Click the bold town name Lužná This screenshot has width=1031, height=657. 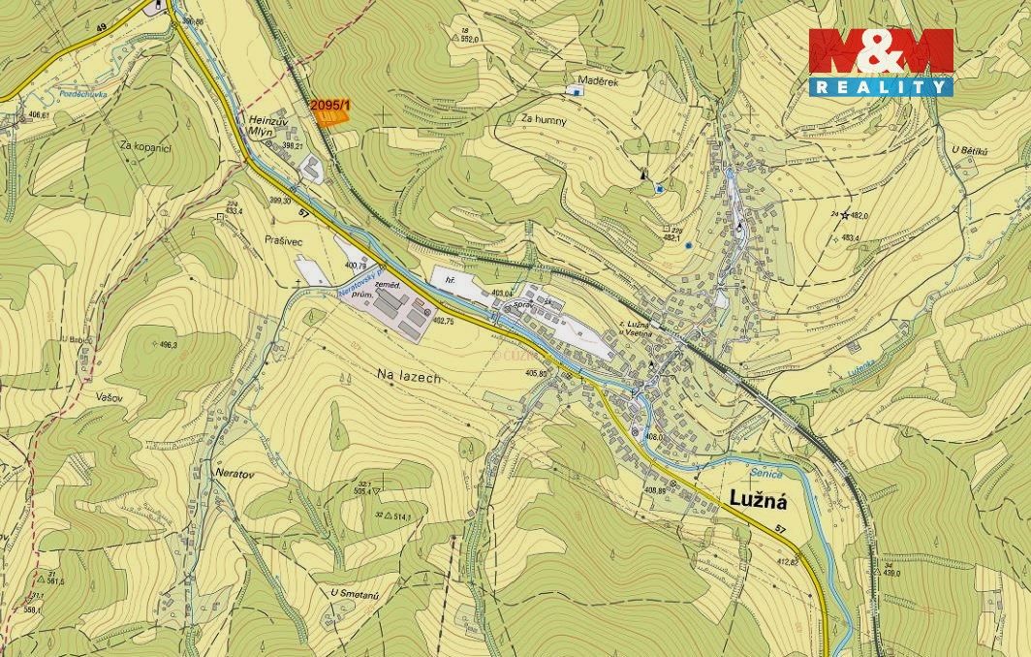[755, 500]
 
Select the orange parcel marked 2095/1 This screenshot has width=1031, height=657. [330, 117]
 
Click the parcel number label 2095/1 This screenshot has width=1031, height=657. [330, 104]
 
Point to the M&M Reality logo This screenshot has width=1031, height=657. [881, 61]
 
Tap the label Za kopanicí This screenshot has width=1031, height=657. [145, 146]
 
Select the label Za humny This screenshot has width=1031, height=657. [543, 119]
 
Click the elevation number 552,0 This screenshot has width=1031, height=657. [471, 39]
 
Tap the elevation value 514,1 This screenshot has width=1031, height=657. [398, 518]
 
